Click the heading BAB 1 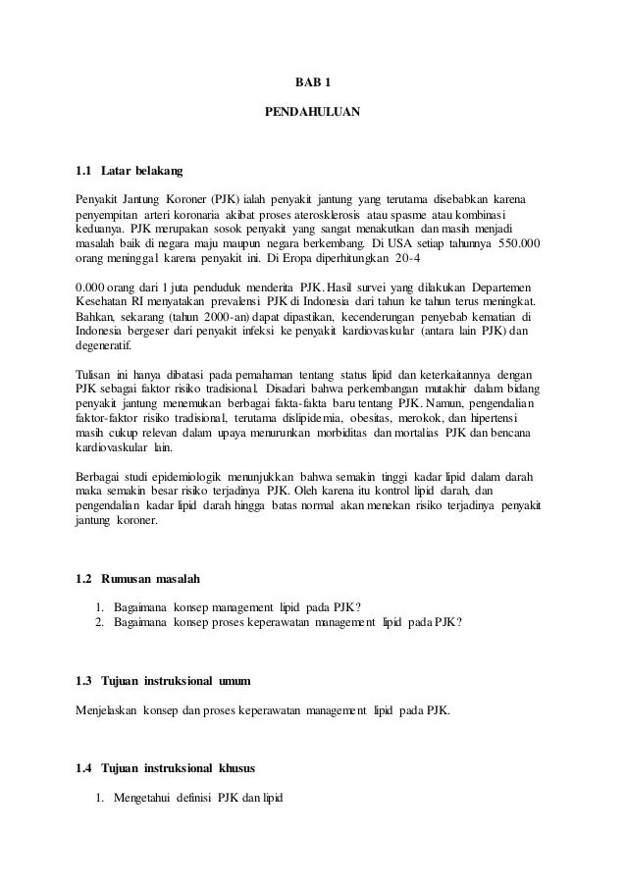313,82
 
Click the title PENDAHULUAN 313,113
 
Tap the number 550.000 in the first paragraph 519,244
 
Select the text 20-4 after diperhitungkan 440,261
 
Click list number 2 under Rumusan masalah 100,622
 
